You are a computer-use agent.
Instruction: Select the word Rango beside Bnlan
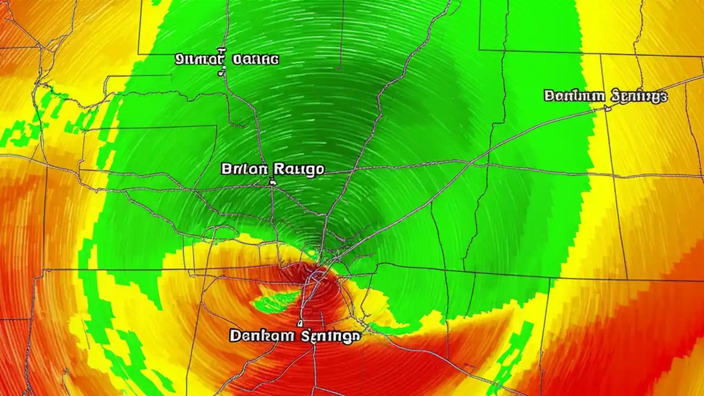tap(296, 169)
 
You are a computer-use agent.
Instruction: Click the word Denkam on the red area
tap(260, 335)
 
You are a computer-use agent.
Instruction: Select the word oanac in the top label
tap(256, 59)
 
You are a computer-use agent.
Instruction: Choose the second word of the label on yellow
tap(640, 97)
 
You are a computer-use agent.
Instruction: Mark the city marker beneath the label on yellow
tap(608, 108)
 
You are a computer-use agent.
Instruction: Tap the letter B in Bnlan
tap(226, 169)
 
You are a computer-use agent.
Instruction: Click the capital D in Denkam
tap(235, 335)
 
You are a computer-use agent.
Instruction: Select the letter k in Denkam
tap(262, 335)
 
